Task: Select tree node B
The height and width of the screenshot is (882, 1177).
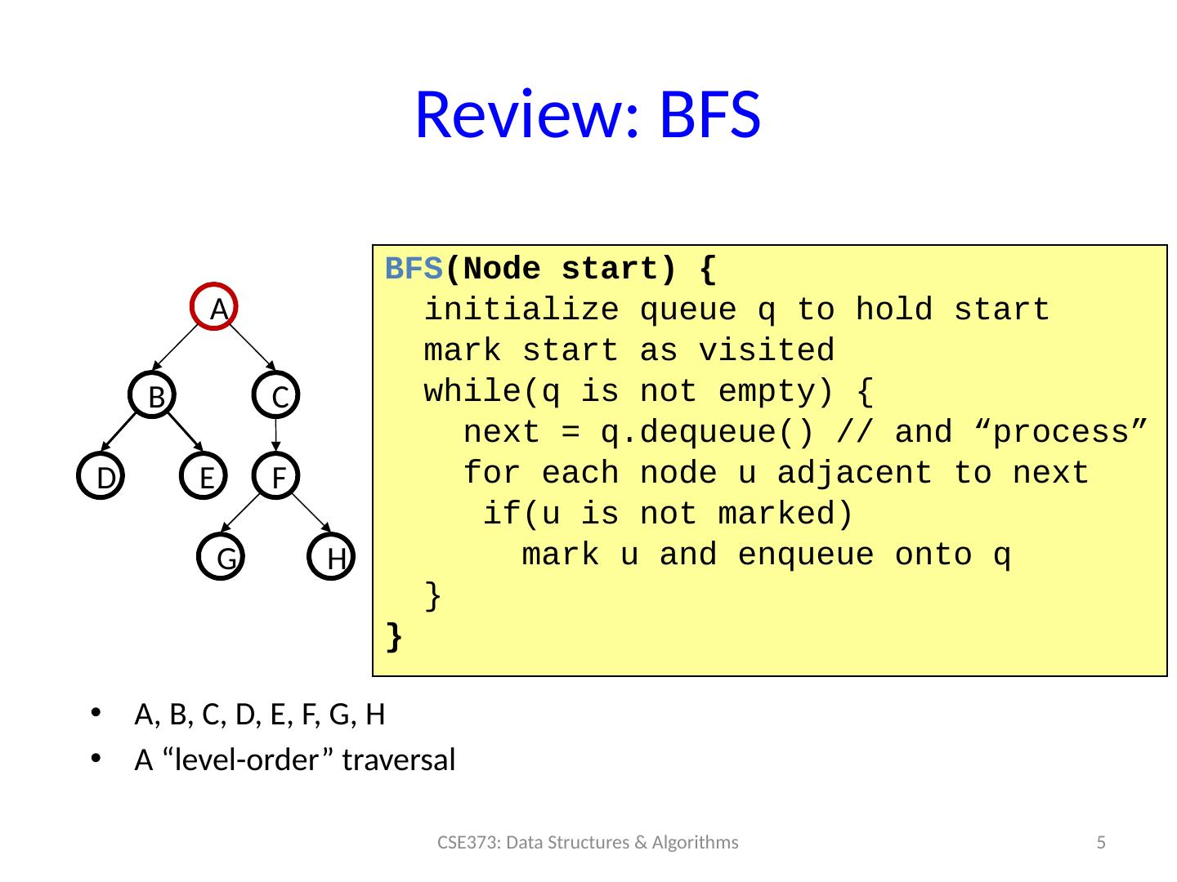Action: tap(152, 395)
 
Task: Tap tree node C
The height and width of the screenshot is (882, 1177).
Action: tap(276, 395)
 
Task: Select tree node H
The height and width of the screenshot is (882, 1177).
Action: tap(332, 558)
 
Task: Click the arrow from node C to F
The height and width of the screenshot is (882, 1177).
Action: tap(276, 435)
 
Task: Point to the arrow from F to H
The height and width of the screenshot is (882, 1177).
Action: tap(307, 518)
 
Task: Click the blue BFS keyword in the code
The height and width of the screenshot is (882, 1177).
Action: tap(414, 269)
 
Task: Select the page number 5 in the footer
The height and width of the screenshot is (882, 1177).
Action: tap(1101, 842)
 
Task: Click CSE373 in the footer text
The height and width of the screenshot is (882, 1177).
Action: tap(465, 842)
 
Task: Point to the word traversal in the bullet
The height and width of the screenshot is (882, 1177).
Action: tap(399, 760)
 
